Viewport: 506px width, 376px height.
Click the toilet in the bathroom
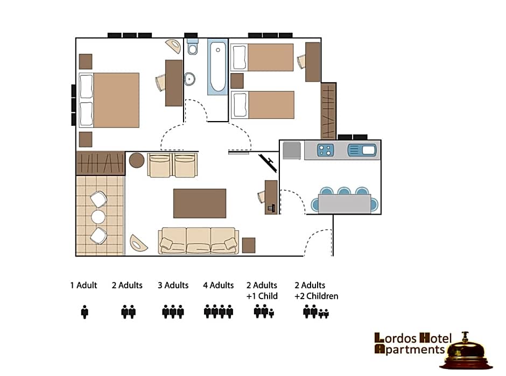(193, 47)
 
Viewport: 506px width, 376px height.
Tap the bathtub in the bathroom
(218, 67)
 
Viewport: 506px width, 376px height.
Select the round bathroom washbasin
(189, 79)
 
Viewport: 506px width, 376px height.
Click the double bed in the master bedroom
(109, 100)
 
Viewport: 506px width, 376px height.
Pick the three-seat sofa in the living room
(199, 240)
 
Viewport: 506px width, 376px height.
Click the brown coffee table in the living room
(200, 203)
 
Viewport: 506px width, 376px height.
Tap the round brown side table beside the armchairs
(137, 160)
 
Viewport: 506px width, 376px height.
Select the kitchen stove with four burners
(325, 150)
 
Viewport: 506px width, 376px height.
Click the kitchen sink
(362, 150)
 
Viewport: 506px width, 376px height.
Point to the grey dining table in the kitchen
(345, 203)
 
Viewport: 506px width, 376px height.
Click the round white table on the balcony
(98, 217)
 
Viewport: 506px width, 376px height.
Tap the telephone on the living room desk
(271, 208)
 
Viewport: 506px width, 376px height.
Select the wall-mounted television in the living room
(268, 163)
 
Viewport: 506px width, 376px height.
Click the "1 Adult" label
(83, 286)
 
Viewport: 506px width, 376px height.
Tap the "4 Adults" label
(219, 286)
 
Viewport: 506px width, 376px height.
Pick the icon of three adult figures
(173, 311)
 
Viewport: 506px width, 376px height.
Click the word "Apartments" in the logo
(410, 349)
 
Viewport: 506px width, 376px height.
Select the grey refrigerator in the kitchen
(292, 150)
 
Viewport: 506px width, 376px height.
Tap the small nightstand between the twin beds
(237, 81)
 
